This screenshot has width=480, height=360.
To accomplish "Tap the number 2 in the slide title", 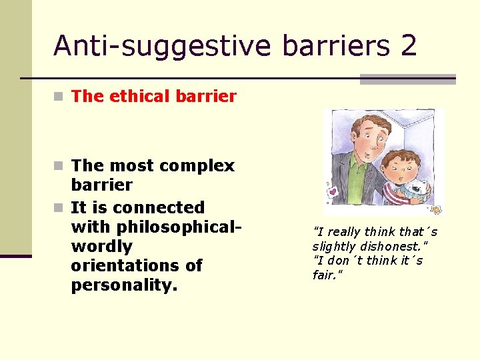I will click(409, 45).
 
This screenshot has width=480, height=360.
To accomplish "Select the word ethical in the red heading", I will click(135, 96).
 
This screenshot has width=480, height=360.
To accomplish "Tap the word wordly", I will click(101, 246).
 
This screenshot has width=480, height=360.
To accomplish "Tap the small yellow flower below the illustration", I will click(436, 210).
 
